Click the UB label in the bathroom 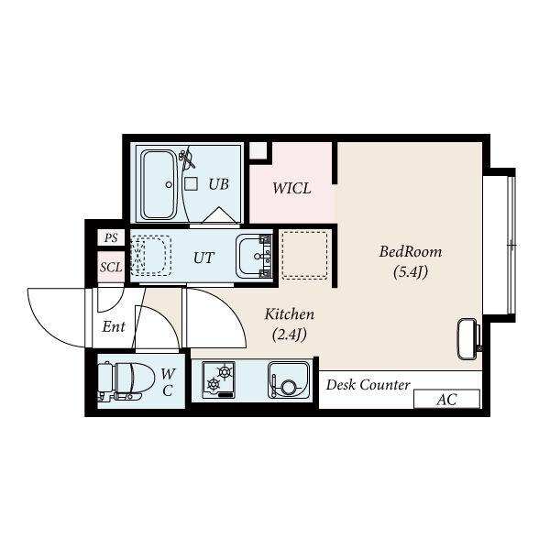coord(218,184)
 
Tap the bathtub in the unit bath coord(158,185)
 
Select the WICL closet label coord(291,188)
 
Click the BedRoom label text coord(411,252)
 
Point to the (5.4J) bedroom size coord(411,272)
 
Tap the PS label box coord(111,237)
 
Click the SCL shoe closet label coord(111,268)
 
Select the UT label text coord(203,258)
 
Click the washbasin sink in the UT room coord(254,256)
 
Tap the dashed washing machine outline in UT coord(151,256)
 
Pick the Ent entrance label coord(114,327)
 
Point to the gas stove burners coord(218,379)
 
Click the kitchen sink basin coord(289,380)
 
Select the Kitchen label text coord(290,314)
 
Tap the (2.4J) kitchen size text coord(290,335)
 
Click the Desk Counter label coord(368,385)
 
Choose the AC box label coord(446,400)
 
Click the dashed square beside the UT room coord(305,255)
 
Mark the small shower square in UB coord(192,184)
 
